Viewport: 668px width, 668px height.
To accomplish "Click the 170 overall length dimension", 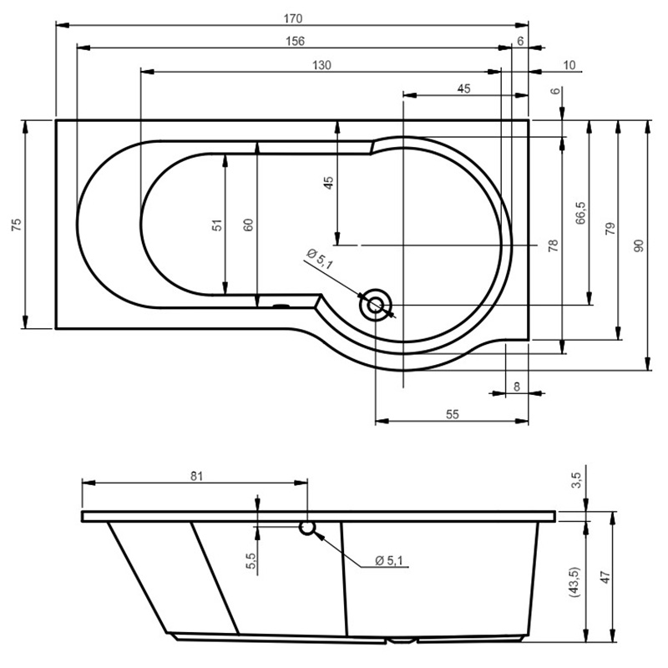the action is (293, 18).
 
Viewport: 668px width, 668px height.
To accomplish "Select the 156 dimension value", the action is (296, 41).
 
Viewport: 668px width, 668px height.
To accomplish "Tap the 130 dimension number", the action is (321, 65).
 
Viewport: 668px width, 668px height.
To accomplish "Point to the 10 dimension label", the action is (569, 65).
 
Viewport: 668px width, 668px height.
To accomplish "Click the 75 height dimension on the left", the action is (17, 225).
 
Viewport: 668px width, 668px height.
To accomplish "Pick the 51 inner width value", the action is (217, 225).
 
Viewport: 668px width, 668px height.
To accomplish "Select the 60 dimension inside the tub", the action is (248, 225).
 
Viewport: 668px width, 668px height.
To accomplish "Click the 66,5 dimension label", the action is (580, 213).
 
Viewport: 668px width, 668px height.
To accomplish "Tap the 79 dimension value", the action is (610, 229).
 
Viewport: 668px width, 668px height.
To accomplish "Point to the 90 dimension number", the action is (639, 245).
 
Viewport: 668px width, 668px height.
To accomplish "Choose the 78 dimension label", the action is (553, 245).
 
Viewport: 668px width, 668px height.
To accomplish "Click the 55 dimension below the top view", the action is (453, 414).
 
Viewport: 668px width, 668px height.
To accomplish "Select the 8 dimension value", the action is (517, 387).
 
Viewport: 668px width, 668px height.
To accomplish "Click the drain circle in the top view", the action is (375, 305).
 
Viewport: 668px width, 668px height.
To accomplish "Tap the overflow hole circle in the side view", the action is (306, 527).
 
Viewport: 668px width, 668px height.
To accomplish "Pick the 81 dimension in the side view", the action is (196, 476).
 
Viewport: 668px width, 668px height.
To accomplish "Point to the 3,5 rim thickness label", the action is (576, 480).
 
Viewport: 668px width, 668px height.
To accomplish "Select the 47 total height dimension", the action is (605, 577).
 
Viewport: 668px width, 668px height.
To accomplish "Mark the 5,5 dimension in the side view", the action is (251, 560).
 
